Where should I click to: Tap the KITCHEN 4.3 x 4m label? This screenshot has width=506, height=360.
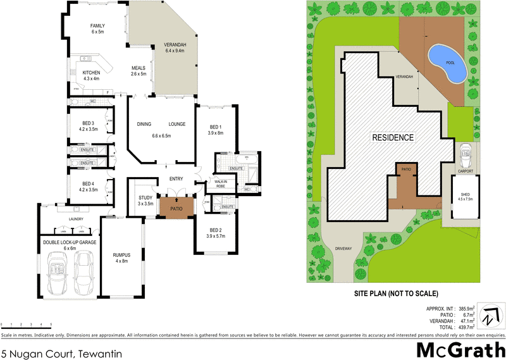coord(91,75)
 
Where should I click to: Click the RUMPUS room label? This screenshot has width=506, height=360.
coord(120,258)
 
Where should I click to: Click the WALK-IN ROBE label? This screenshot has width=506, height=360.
coord(224,183)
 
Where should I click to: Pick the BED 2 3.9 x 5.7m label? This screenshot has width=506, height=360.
coord(216,233)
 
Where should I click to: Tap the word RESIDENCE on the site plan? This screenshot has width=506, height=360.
coord(392,137)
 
